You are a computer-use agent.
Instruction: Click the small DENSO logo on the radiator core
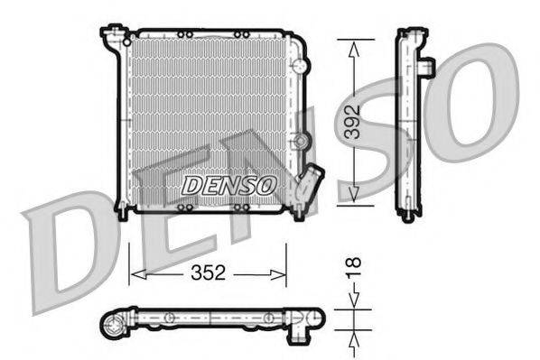[229, 184]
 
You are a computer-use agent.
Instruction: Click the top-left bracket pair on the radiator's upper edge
[184, 35]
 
